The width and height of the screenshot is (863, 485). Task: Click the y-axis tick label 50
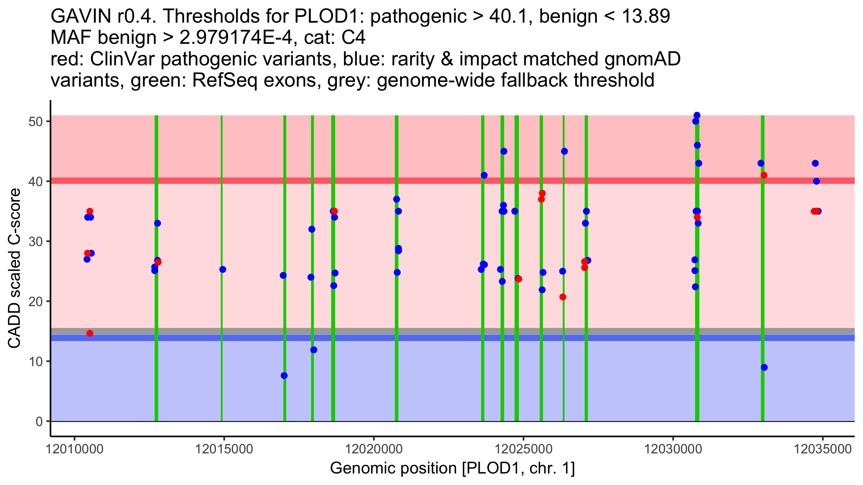tap(36, 121)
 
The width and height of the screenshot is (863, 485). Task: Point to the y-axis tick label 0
tap(39, 421)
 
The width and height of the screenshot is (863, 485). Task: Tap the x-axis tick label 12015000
tap(224, 449)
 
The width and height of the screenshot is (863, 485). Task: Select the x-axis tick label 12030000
tap(673, 449)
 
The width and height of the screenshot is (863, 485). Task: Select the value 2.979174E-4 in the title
tap(238, 38)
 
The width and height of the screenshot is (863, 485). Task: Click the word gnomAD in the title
tap(643, 59)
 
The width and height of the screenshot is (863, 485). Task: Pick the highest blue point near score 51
tap(697, 115)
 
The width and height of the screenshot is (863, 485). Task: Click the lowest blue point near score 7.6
tap(284, 375)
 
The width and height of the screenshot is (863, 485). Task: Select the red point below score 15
tap(90, 333)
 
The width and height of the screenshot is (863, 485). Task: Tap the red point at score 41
tap(764, 175)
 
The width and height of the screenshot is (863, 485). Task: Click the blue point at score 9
tap(764, 367)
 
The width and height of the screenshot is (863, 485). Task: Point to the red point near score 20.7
tap(563, 297)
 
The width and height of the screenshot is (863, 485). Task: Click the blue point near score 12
tap(314, 350)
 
